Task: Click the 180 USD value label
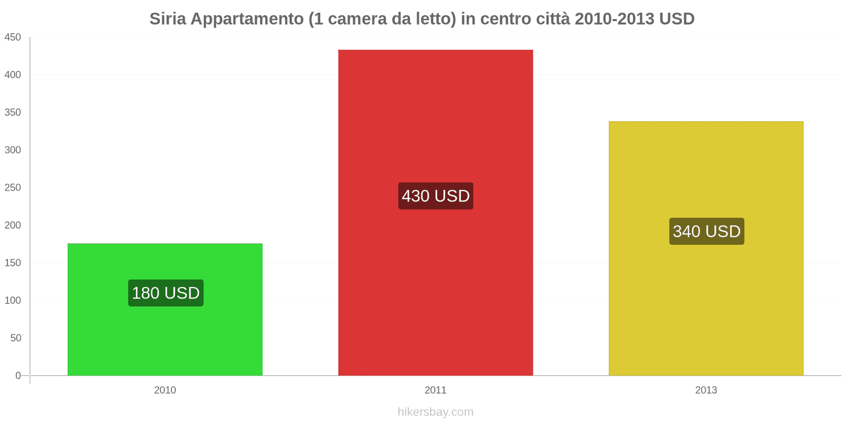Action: click(x=166, y=293)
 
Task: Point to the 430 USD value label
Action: click(x=436, y=196)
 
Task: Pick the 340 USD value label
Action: click(x=706, y=231)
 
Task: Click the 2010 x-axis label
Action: click(x=165, y=390)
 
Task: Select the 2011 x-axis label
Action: click(x=435, y=390)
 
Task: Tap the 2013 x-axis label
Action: click(x=706, y=390)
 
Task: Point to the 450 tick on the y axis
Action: click(x=13, y=37)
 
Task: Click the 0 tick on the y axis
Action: click(x=18, y=376)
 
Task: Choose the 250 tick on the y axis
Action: click(x=13, y=187)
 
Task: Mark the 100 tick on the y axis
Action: click(x=13, y=300)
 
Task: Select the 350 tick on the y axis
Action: click(x=13, y=112)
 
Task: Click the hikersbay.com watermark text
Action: click(x=435, y=411)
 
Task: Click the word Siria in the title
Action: click(x=167, y=19)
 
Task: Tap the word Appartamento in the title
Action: click(x=247, y=19)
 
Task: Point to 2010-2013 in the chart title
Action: click(x=614, y=19)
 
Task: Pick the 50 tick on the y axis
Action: click(x=15, y=338)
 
